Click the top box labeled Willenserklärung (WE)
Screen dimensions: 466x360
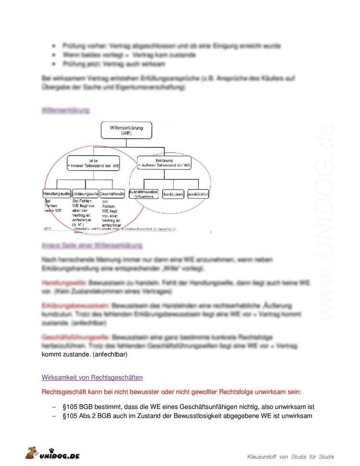tap(126, 130)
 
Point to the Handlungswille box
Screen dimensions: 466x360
tap(57, 193)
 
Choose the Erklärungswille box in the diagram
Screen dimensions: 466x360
tap(85, 193)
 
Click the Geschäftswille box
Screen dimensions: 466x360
tap(113, 193)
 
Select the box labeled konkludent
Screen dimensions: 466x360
tap(173, 193)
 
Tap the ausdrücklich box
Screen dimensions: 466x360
tap(198, 193)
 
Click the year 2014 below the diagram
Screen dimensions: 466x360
tap(47, 228)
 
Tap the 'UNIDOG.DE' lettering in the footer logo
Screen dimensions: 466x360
tap(60, 455)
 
